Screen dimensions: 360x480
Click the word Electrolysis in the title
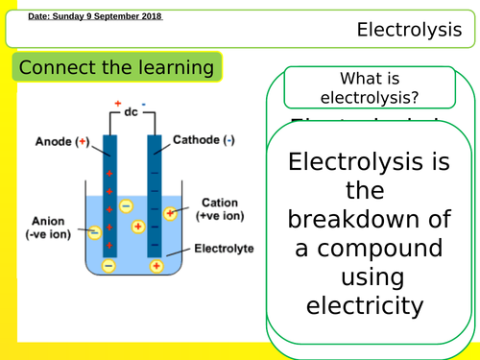pyautogui.click(x=409, y=30)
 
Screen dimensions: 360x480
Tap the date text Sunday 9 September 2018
pyautogui.click(x=95, y=17)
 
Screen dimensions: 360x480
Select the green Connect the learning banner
pyautogui.click(x=116, y=68)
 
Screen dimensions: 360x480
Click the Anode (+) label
pyautogui.click(x=60, y=140)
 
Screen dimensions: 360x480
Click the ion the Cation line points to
pyautogui.click(x=171, y=213)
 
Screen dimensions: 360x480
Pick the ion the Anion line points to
pyautogui.click(x=95, y=231)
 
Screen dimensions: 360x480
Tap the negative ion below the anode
pyautogui.click(x=108, y=265)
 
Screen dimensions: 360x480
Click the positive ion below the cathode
pyautogui.click(x=157, y=266)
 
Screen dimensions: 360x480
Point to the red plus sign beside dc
pyautogui.click(x=118, y=102)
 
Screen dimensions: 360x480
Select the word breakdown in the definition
pyautogui.click(x=370, y=220)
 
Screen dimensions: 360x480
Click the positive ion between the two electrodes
pyautogui.click(x=137, y=227)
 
